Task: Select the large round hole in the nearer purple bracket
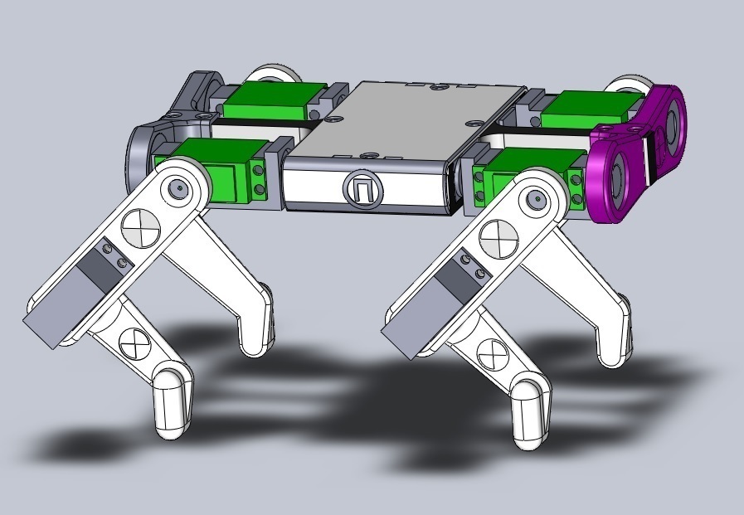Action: (x=619, y=177)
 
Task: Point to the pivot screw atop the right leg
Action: (x=536, y=200)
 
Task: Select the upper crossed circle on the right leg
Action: (x=498, y=240)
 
